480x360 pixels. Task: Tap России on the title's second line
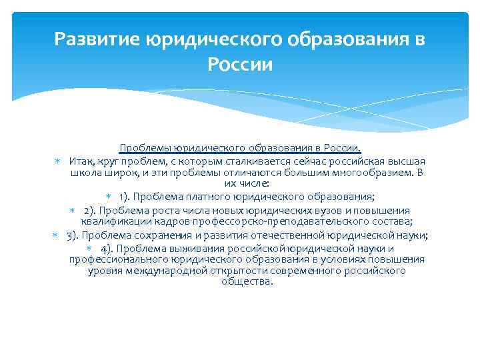[240, 65]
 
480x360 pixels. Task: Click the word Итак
[81, 162]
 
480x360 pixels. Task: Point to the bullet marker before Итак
[58, 162]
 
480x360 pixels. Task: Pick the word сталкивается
[237, 162]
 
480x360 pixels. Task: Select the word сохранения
[159, 235]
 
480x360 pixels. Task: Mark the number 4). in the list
[109, 249]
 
